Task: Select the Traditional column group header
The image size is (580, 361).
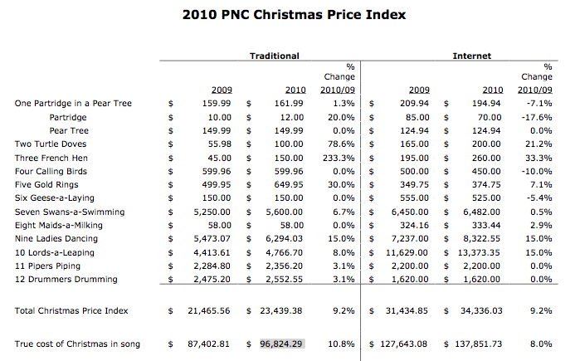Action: [274, 56]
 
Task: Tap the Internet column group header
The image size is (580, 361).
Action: [471, 56]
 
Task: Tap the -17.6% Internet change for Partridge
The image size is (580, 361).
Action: [539, 118]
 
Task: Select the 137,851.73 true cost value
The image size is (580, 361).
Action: [477, 344]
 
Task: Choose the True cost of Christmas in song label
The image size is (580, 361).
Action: [77, 344]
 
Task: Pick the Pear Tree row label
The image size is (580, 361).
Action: [69, 131]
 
